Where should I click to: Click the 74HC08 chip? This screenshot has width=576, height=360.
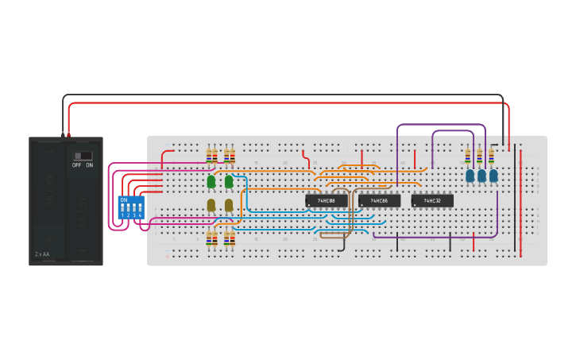[327, 201]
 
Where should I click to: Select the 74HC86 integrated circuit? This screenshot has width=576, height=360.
[379, 201]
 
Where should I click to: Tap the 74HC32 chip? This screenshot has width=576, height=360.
[432, 201]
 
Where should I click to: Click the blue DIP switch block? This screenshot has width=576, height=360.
[130, 207]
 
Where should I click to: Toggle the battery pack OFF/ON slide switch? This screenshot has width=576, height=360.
[83, 156]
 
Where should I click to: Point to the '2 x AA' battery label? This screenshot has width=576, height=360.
[42, 254]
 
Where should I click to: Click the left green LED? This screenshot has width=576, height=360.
[211, 182]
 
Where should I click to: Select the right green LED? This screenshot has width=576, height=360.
[229, 182]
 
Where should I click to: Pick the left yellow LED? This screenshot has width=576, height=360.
[211, 205]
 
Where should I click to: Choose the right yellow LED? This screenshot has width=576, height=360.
[229, 205]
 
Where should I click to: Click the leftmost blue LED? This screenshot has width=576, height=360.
[470, 175]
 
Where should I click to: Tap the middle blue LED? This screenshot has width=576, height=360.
[481, 175]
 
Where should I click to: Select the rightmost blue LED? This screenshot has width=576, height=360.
[493, 175]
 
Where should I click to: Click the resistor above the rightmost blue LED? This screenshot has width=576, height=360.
[491, 155]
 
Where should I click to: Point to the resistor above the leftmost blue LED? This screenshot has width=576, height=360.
[468, 155]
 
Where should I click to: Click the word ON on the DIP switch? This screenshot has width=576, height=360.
[123, 199]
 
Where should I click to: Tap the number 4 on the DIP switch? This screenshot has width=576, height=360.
[141, 215]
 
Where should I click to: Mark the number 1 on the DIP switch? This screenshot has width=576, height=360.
[122, 215]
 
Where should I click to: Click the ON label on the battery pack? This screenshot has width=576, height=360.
[89, 165]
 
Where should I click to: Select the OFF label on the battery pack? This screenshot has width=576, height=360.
[77, 165]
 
